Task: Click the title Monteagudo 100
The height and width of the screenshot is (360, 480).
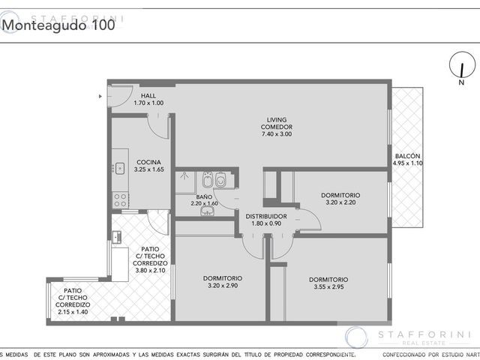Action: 58,25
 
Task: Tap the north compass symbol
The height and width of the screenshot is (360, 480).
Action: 462,64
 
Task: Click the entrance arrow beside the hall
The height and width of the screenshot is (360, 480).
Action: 100,97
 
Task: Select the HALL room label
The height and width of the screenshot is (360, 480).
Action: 148,96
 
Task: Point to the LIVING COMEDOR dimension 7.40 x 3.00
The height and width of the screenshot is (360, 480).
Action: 277,134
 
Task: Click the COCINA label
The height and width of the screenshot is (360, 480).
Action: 148,162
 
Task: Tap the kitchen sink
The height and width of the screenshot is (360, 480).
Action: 119,168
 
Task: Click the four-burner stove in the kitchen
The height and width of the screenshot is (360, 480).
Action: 120,200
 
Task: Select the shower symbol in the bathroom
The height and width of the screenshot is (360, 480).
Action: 184,175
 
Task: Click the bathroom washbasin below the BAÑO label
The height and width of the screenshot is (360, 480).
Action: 208,210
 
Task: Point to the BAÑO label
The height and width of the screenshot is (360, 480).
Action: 204,196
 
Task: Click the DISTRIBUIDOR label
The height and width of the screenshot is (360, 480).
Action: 266,217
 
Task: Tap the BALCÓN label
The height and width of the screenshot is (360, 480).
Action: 407,156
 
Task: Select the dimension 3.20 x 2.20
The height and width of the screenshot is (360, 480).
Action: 340,202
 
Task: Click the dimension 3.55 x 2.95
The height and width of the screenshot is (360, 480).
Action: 328,286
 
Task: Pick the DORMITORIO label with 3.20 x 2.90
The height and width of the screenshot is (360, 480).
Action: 223,278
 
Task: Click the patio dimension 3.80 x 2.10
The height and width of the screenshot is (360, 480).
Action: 150,271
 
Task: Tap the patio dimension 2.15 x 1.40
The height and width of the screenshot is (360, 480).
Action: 73,312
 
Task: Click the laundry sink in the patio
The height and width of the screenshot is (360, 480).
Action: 117,237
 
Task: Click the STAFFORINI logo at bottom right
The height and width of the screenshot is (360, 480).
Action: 408,337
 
